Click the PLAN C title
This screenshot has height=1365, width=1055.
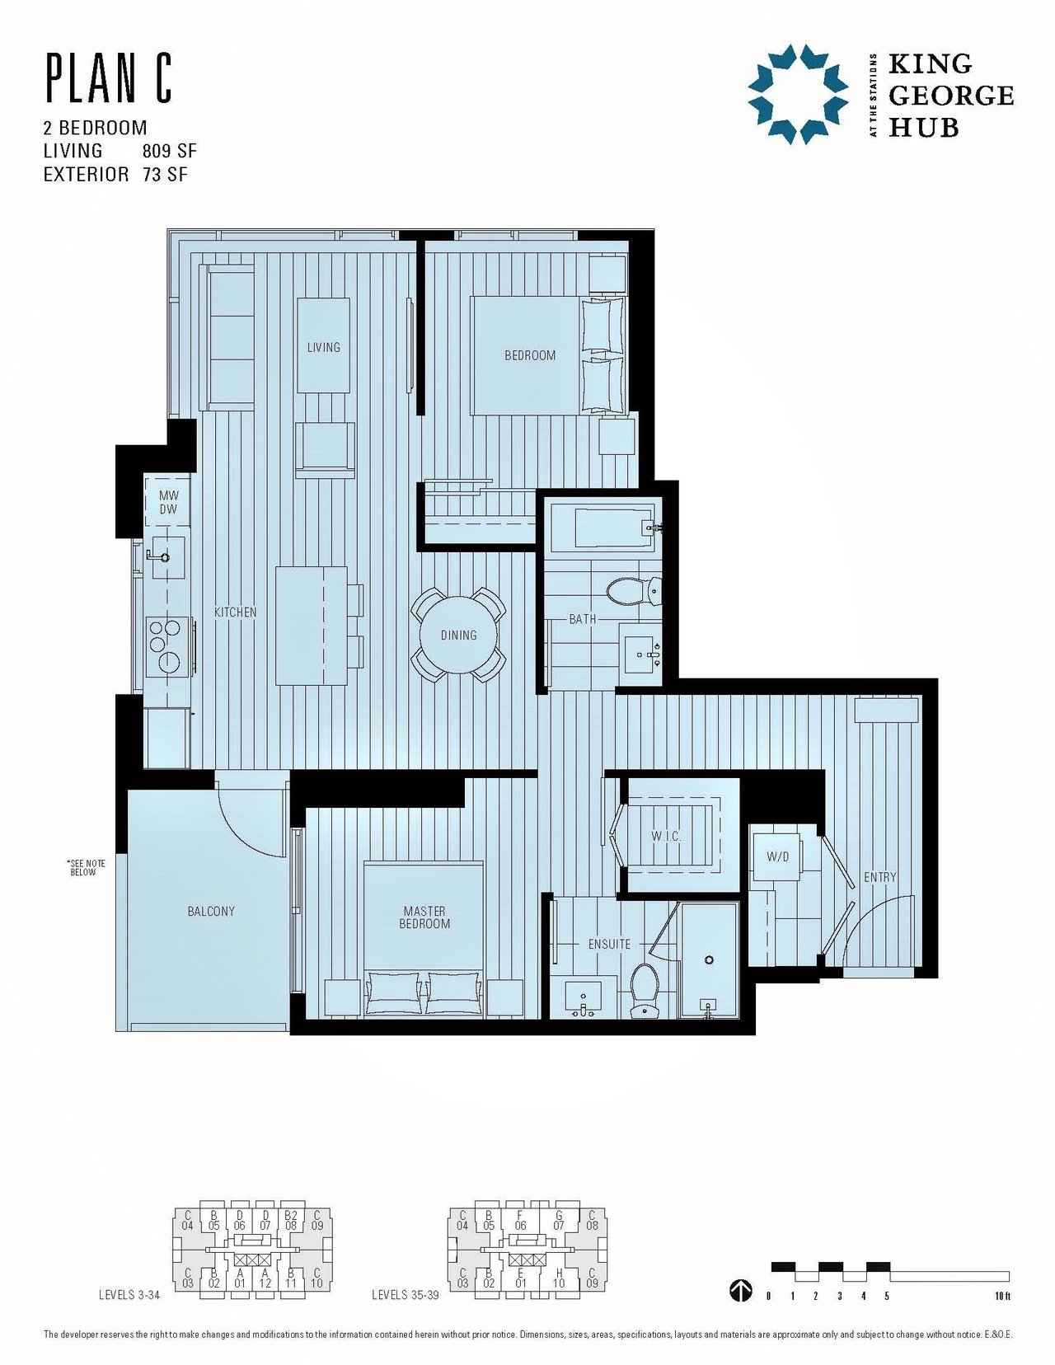[x=108, y=80]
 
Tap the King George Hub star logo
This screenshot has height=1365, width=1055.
[x=798, y=94]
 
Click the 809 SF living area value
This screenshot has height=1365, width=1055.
[x=170, y=151]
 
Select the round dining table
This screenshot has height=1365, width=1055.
[x=457, y=635]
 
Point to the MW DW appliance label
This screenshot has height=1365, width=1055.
[x=168, y=503]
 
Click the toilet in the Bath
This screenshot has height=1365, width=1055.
[x=634, y=590]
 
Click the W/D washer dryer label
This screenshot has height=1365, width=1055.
[x=777, y=856]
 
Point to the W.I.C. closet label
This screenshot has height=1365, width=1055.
[x=666, y=837]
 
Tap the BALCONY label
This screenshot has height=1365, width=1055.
[x=211, y=911]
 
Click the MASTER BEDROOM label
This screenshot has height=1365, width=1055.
[x=424, y=917]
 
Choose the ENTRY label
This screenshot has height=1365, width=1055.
[x=879, y=877]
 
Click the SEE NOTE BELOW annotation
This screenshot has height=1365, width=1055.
[x=86, y=867]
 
